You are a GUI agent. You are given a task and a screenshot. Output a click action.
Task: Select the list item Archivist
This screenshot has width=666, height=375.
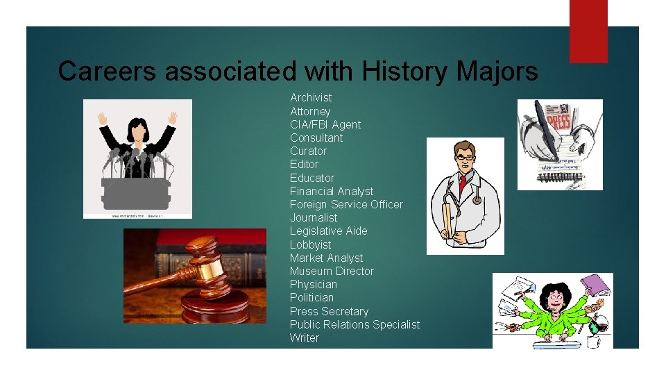tap(311, 98)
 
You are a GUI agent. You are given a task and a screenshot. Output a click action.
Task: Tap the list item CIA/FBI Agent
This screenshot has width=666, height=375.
tap(325, 124)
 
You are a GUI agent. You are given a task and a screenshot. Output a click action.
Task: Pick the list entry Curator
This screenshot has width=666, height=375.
tap(308, 151)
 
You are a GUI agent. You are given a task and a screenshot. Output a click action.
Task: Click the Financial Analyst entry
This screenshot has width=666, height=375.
tap(332, 191)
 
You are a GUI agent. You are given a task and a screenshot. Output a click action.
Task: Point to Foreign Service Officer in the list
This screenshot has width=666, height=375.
tap(346, 204)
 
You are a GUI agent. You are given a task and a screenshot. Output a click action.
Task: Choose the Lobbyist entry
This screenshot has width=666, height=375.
tap(310, 244)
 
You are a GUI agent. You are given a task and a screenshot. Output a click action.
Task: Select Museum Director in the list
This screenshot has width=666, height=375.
tap(332, 271)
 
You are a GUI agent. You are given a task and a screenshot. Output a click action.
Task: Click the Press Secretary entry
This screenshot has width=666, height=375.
tap(329, 311)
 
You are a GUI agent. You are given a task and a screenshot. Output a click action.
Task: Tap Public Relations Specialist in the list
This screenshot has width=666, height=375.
tap(355, 324)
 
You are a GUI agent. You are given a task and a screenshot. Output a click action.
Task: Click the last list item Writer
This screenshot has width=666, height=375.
tap(305, 337)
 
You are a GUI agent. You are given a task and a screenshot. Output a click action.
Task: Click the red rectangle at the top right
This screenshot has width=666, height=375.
tap(588, 31)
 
